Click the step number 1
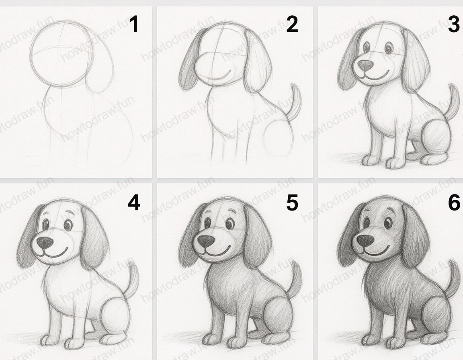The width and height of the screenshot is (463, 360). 134,25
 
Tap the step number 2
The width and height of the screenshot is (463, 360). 292,25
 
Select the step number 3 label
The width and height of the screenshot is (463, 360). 453,25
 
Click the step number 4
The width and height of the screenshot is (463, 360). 134,203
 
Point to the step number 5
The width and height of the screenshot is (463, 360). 292,203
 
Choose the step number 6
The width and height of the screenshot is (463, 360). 453,203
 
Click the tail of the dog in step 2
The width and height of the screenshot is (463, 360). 295,100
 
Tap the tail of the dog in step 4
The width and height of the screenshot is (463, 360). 133,279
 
